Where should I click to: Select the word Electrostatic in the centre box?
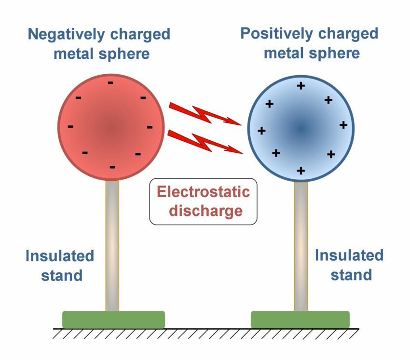[203, 192]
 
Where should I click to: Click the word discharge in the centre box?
[203, 211]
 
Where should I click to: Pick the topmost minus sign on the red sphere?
[111, 83]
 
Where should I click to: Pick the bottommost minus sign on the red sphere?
[112, 167]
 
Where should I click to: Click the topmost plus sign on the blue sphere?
[301, 86]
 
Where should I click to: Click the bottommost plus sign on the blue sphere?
[301, 171]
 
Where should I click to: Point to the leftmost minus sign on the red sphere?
[71, 127]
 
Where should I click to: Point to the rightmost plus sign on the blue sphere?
[343, 125]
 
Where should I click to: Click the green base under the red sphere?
[113, 319]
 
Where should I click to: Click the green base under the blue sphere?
[300, 319]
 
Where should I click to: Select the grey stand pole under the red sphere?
[112, 246]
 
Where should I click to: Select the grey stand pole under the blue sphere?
[301, 246]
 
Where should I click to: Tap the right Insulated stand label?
[349, 265]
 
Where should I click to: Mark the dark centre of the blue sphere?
[301, 128]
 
